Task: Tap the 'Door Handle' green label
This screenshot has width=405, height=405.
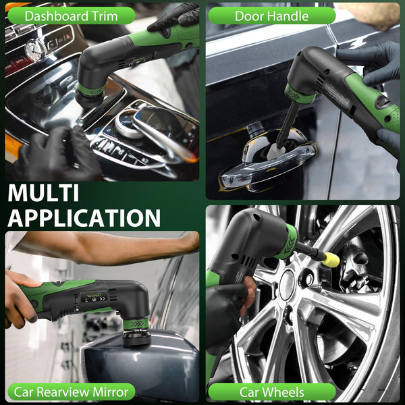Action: (x=271, y=16)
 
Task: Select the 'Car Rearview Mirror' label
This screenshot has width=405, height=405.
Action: (x=72, y=391)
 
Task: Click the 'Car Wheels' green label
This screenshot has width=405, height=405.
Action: (x=271, y=391)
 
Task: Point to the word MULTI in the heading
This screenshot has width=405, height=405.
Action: (x=44, y=193)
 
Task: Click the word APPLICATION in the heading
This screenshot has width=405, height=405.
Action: (x=84, y=217)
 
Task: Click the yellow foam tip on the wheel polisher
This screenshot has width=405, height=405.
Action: (x=331, y=259)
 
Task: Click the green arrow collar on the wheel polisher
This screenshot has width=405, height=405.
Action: (x=287, y=243)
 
